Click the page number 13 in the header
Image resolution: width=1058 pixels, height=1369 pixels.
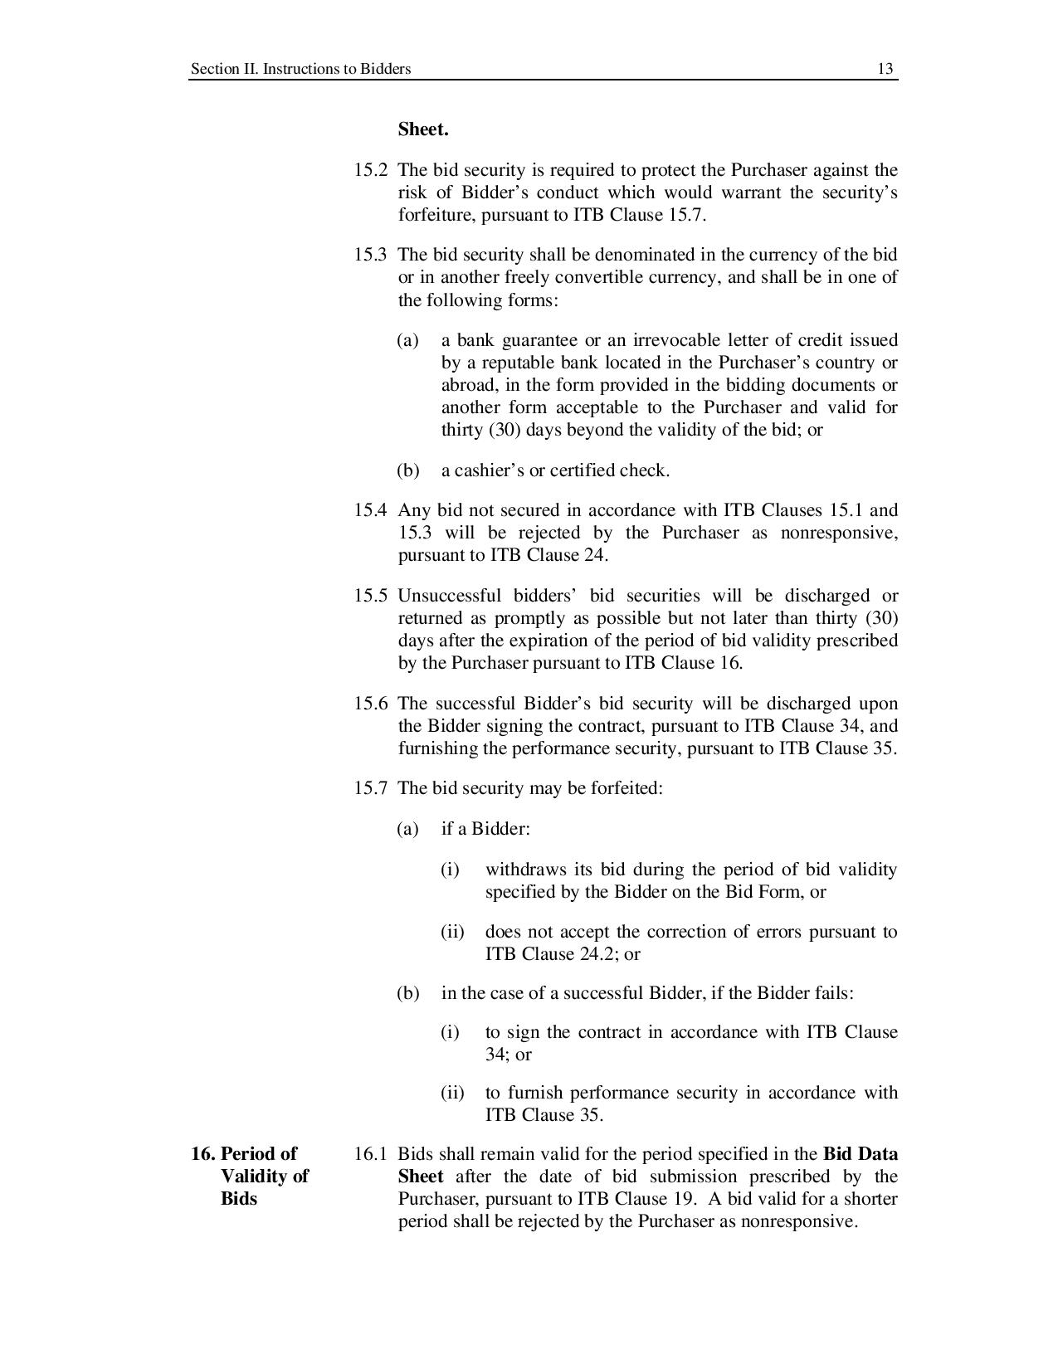(885, 69)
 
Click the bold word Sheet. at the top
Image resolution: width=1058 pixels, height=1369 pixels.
(423, 129)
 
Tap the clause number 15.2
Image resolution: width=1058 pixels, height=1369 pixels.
(371, 170)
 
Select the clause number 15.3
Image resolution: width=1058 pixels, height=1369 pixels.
(371, 255)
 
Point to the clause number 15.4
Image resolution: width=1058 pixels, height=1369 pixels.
(371, 510)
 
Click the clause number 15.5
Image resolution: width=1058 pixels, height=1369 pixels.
(371, 596)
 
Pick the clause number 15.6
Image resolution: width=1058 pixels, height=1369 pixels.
(371, 704)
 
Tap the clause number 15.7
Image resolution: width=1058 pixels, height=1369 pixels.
(371, 787)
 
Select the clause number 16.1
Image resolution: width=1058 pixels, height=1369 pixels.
(371, 1154)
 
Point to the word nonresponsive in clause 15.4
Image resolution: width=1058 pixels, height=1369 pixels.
(838, 533)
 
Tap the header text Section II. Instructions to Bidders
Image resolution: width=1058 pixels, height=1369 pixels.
(300, 69)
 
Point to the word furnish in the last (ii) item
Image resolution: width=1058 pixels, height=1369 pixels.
(535, 1093)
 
